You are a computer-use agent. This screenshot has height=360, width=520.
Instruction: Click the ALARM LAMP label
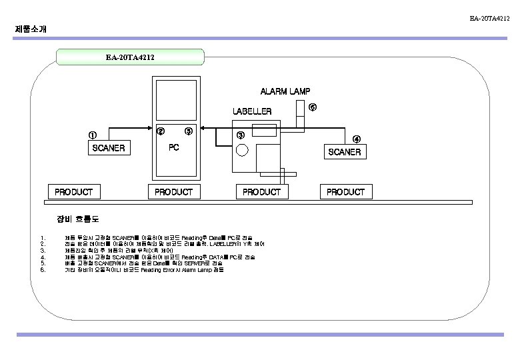coord(285,91)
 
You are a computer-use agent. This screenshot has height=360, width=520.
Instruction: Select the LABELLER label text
coord(251,111)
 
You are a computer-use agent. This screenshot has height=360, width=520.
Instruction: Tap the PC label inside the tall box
coord(173,147)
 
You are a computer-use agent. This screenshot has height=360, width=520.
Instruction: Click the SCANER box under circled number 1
coord(108,147)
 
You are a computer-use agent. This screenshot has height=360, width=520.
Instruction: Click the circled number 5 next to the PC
coord(189,131)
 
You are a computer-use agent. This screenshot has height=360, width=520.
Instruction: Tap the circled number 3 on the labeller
coord(241,136)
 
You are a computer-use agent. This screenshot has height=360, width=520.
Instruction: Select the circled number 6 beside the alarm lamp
coord(312,107)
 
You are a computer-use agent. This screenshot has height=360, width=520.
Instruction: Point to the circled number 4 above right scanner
coord(357,139)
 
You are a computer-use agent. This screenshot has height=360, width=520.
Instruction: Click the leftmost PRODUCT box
coord(73,192)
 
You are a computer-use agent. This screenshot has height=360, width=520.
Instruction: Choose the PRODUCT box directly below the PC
coord(173,192)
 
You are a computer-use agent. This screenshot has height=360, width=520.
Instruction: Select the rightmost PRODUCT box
coord(345,192)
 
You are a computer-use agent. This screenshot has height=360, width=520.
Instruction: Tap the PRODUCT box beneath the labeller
coord(261,192)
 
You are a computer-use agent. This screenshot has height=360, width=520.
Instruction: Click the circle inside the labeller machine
coord(241,150)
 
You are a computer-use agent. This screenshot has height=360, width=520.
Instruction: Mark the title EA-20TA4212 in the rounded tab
coord(130,57)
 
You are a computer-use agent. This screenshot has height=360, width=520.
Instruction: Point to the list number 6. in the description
coord(42,270)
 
